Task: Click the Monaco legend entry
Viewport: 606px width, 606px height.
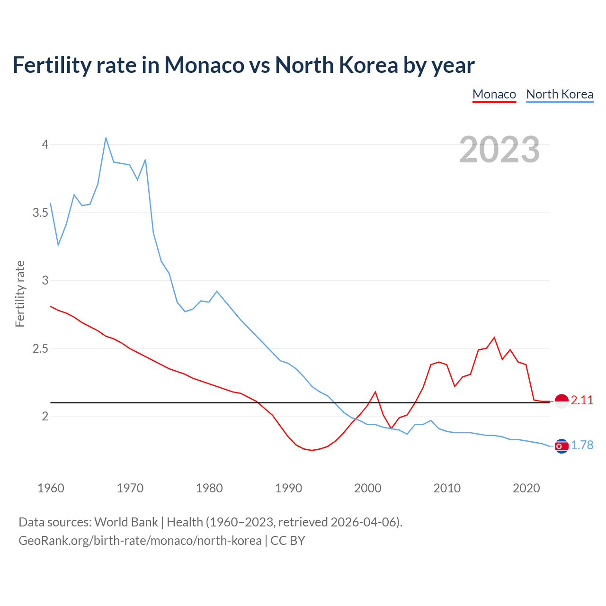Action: click(x=494, y=94)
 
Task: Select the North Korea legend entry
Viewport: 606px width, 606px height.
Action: click(x=560, y=94)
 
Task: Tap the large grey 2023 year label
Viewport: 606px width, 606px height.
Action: click(x=499, y=150)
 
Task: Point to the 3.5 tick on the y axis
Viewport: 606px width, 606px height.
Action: click(x=40, y=213)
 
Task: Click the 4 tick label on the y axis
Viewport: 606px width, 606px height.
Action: click(x=45, y=144)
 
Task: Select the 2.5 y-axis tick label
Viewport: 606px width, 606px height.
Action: click(x=40, y=349)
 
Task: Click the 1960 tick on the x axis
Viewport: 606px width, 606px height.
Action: click(x=51, y=488)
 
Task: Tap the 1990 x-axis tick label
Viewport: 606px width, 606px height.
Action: click(x=288, y=488)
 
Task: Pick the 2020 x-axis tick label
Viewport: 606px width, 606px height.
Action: click(x=526, y=488)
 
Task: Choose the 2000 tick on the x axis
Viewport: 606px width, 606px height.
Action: click(x=367, y=488)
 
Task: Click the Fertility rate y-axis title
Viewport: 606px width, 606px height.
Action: click(x=20, y=294)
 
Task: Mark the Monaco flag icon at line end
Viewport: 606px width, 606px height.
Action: click(x=561, y=401)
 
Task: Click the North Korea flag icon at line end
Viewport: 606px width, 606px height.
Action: click(x=561, y=446)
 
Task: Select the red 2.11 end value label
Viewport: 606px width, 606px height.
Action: click(x=582, y=401)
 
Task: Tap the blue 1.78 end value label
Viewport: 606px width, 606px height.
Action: click(x=582, y=446)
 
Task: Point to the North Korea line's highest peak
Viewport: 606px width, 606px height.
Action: click(x=106, y=138)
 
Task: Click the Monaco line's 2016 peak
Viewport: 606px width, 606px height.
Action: click(x=494, y=338)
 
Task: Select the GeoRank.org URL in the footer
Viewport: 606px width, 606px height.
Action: click(x=140, y=540)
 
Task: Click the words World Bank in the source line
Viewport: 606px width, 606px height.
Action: click(x=126, y=522)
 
